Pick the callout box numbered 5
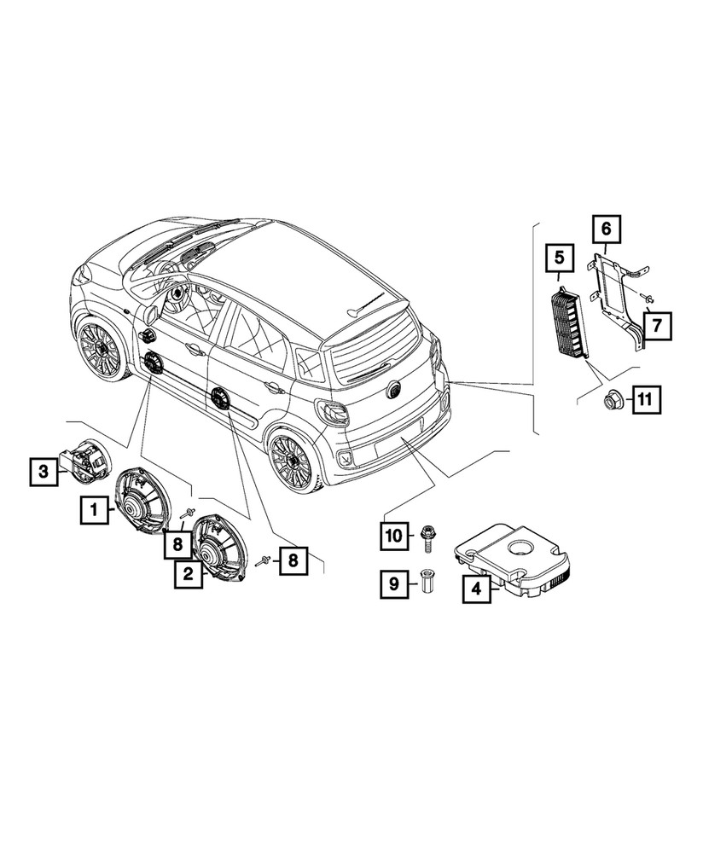(559, 257)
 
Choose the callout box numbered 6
(607, 229)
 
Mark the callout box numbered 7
(659, 324)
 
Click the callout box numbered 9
(394, 584)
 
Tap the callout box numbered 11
(646, 398)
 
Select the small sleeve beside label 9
(426, 584)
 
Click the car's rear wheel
(293, 462)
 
